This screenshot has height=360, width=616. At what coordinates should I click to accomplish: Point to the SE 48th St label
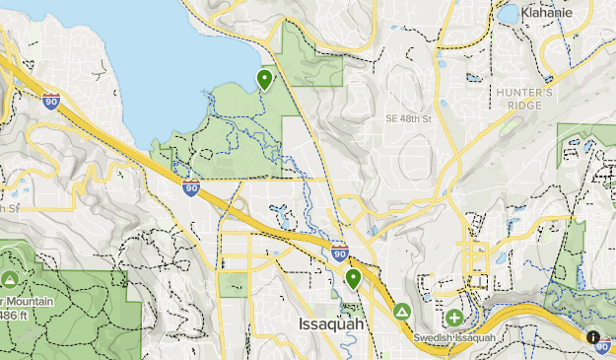410,119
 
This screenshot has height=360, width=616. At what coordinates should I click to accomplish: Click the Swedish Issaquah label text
454,338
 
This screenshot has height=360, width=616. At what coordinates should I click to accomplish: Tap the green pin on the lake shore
264,78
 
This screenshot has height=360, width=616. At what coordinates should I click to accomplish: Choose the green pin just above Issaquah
353,279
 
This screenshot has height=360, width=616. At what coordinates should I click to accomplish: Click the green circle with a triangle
402,313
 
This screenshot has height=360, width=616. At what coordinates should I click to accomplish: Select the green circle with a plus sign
453,318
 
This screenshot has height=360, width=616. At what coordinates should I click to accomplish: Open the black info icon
593,336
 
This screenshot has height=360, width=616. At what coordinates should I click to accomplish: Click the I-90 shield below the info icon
603,348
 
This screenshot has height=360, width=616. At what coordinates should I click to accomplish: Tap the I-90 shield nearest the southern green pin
339,252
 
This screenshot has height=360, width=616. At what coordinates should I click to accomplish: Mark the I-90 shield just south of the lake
190,187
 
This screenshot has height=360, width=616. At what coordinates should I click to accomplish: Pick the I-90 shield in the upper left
51,100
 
